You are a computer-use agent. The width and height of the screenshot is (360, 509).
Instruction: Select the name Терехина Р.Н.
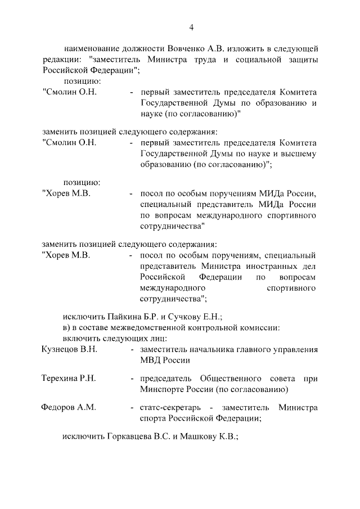69,378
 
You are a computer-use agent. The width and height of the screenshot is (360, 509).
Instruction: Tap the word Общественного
223,378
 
